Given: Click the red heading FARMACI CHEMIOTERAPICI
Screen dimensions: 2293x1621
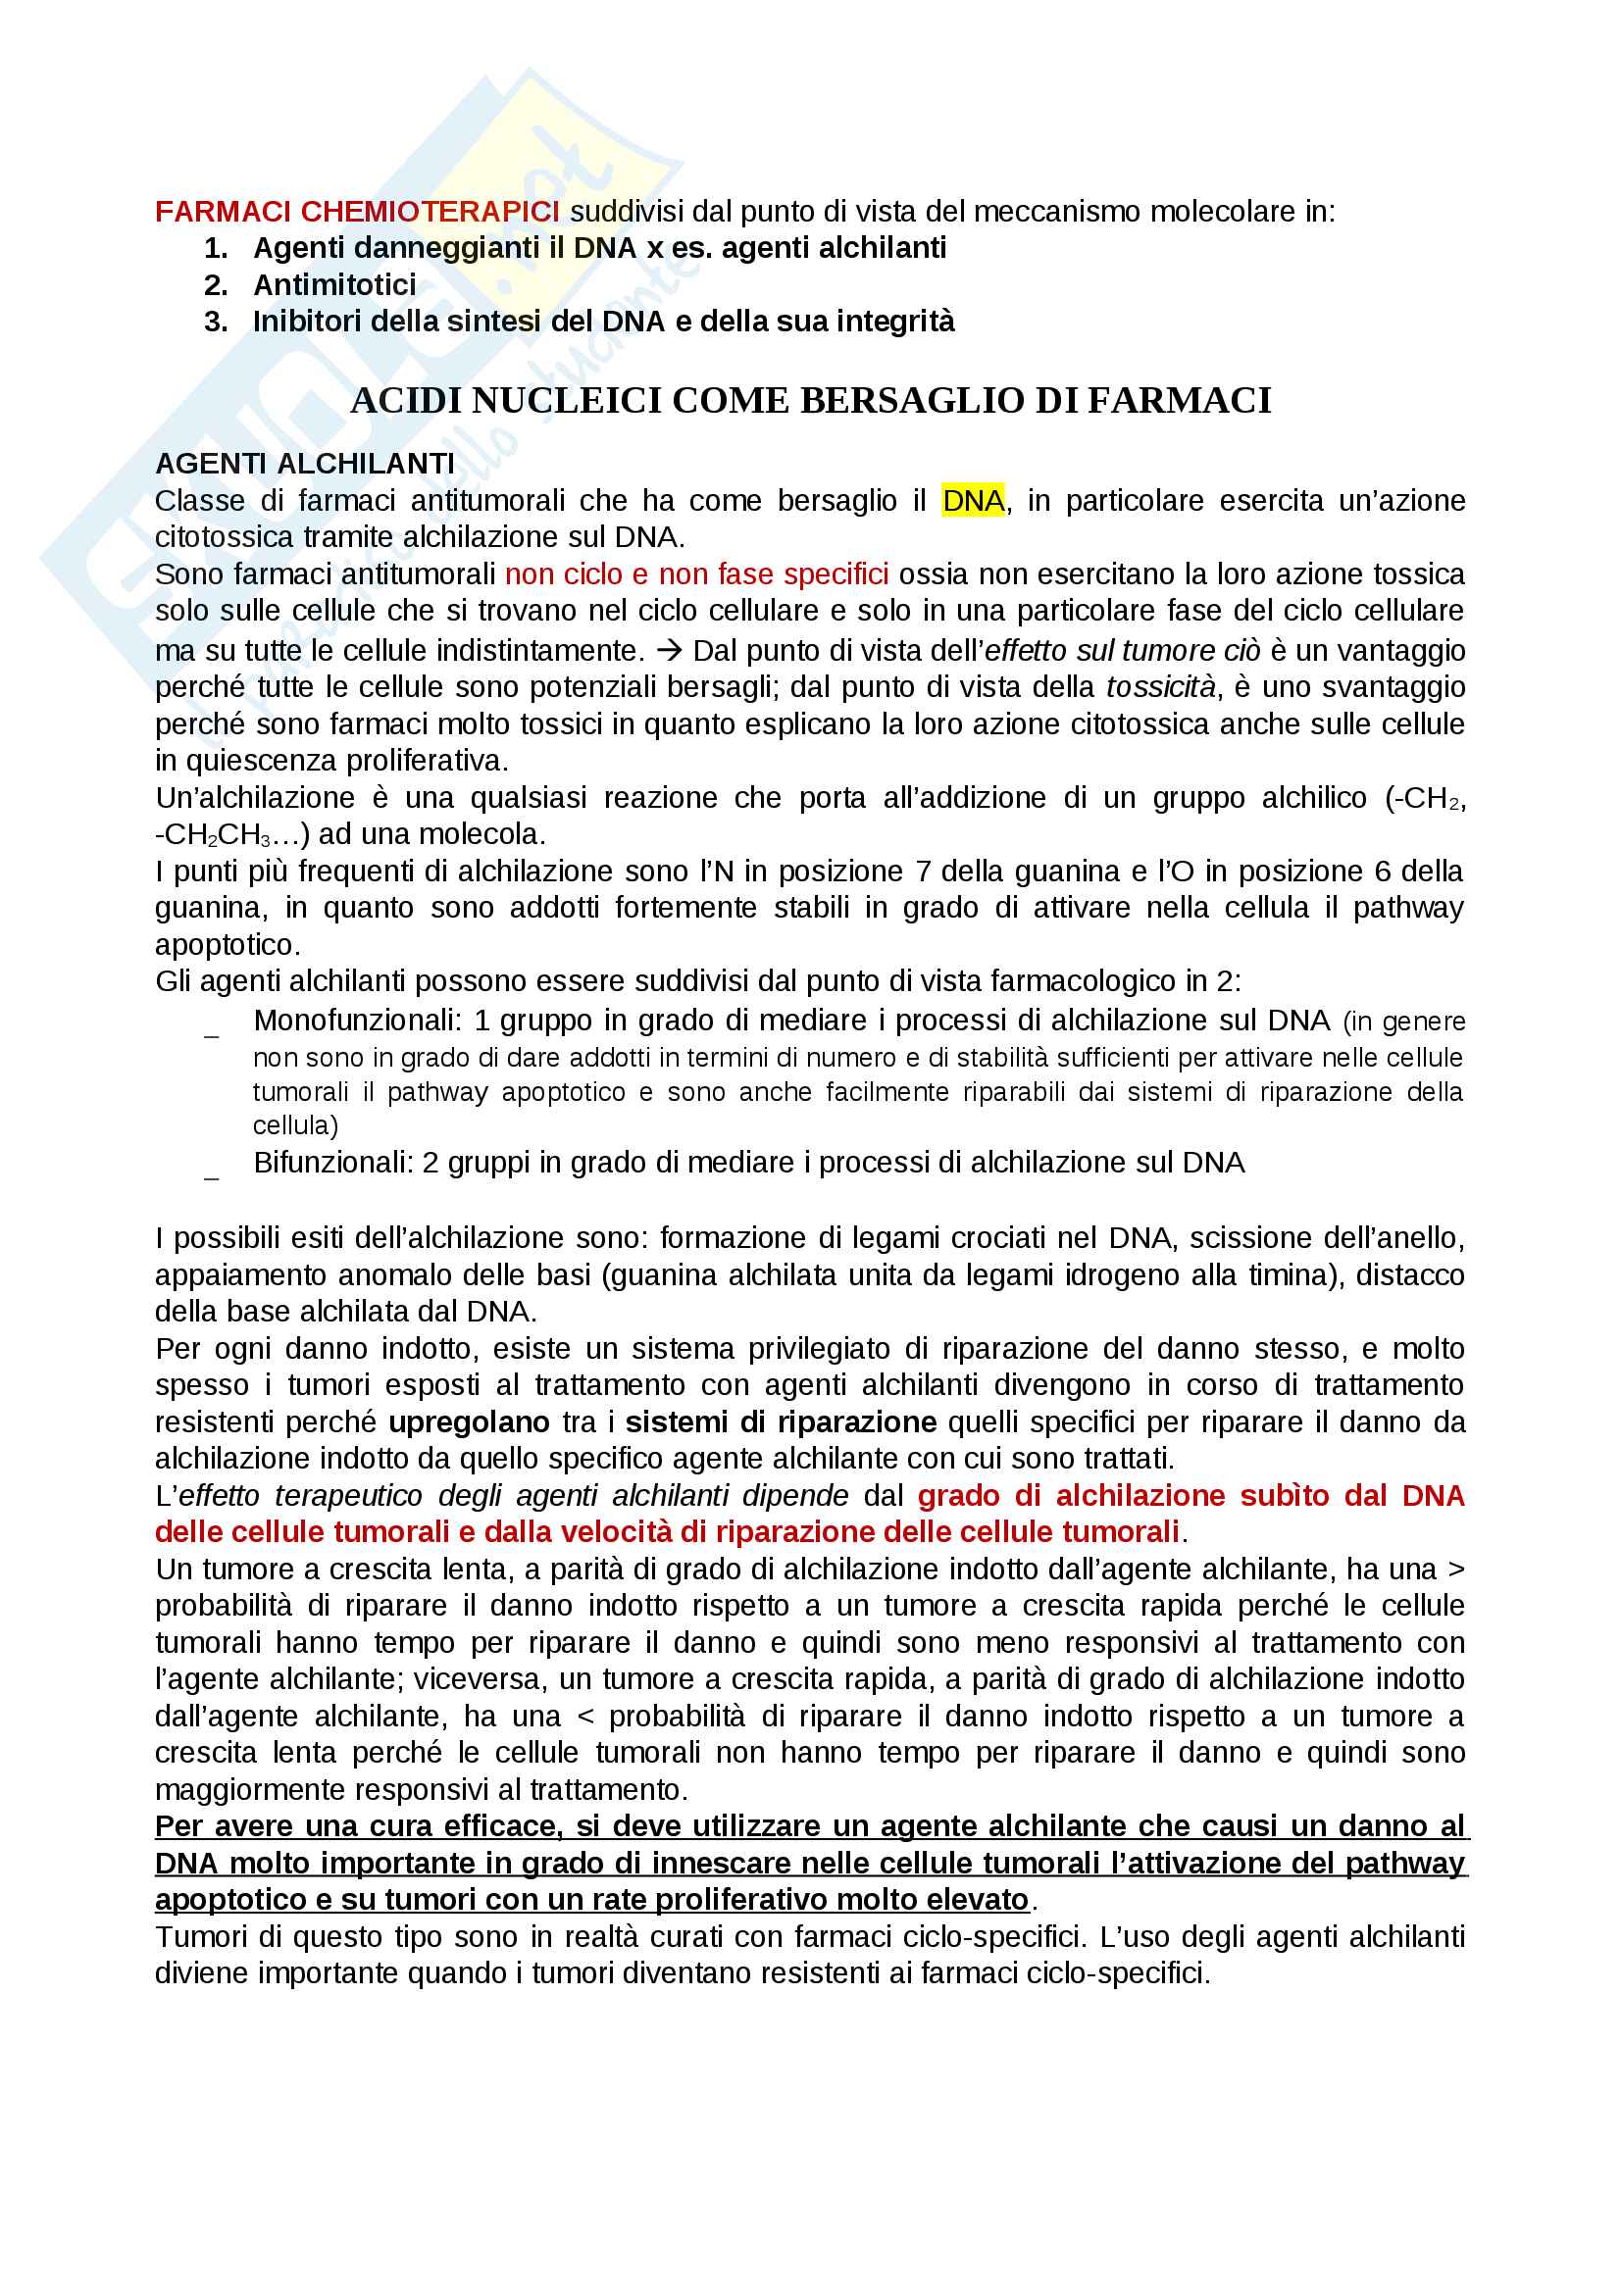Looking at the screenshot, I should pos(357,212).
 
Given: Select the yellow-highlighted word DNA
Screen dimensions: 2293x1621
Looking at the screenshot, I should pos(972,500).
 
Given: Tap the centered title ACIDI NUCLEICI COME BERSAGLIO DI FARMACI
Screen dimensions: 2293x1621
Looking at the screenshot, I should pos(810,401).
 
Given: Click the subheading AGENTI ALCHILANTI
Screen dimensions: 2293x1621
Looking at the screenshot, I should pos(305,464).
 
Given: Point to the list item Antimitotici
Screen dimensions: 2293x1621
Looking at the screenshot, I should pos(334,284).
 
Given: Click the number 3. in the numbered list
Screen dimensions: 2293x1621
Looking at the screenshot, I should pos(216,322).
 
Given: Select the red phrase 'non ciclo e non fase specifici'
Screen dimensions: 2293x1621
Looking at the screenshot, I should pos(696,574).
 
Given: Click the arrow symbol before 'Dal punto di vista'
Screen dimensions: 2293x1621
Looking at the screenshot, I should pos(669,651).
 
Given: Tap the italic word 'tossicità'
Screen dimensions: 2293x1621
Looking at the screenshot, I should pos(1159,687).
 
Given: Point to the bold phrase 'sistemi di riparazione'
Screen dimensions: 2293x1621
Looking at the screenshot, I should pos(780,1422).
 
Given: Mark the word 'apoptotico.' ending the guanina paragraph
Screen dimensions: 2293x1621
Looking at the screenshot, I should pos(227,945).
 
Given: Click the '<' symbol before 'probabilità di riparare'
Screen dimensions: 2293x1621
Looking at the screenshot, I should pos(585,1717).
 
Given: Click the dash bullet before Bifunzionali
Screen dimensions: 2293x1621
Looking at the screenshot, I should pos(212,1173).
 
